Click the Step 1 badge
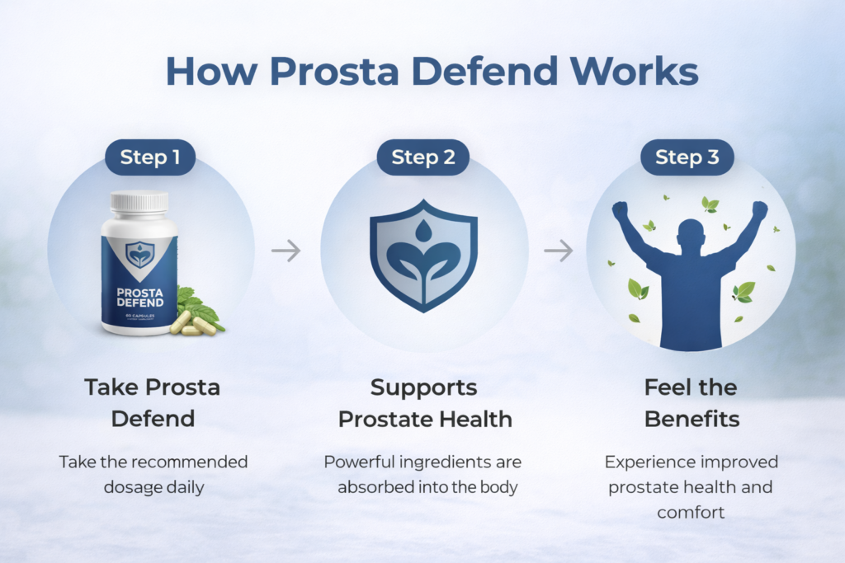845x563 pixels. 150,157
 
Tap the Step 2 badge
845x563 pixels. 422,157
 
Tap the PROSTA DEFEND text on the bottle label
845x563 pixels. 139,296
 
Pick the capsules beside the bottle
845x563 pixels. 191,324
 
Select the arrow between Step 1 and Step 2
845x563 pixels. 286,251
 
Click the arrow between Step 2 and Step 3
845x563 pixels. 558,251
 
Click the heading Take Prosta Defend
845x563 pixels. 153,402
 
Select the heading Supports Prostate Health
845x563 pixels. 424,402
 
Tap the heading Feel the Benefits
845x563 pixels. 691,402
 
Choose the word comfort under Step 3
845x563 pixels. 691,512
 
